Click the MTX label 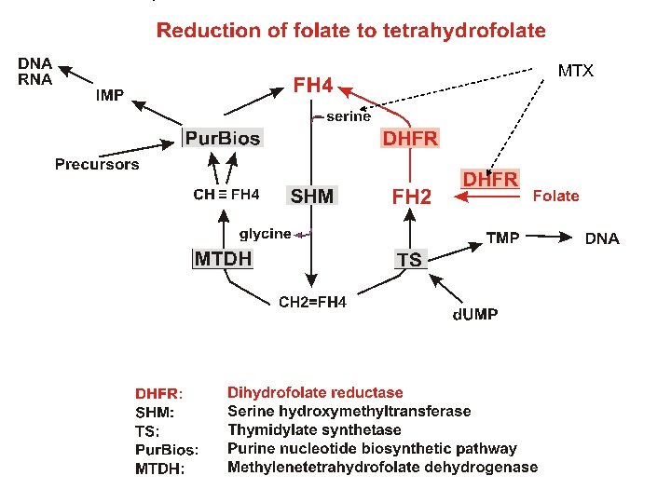click(x=575, y=71)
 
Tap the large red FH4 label click(x=313, y=86)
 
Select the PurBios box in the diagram click(x=223, y=139)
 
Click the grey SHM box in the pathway click(x=312, y=196)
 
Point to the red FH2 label click(x=411, y=197)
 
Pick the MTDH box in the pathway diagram click(x=223, y=258)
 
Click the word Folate click(x=555, y=196)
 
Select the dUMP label click(x=475, y=314)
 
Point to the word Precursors click(x=97, y=165)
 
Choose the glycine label click(x=266, y=234)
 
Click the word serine click(x=349, y=116)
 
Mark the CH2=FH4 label click(x=313, y=301)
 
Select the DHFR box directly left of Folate click(x=491, y=178)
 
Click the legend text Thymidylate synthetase click(x=314, y=429)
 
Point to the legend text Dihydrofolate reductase click(x=315, y=393)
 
